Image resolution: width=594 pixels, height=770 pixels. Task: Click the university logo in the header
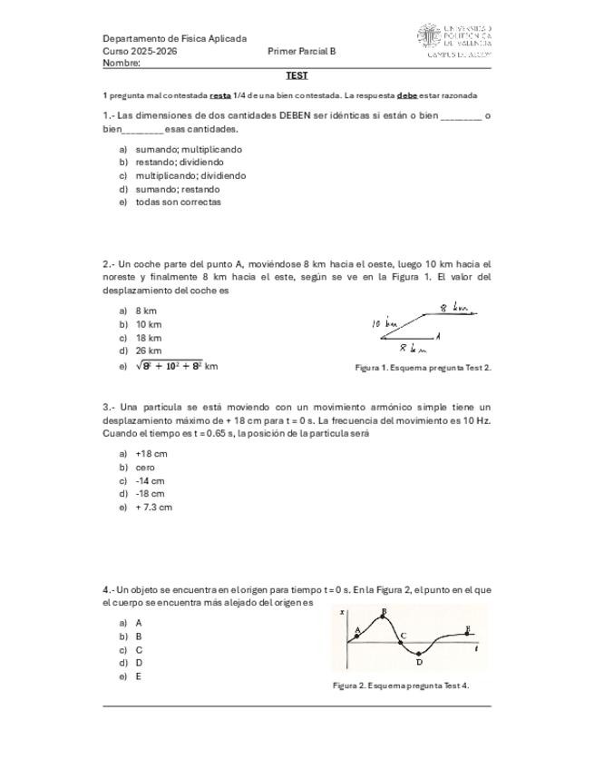coord(453,41)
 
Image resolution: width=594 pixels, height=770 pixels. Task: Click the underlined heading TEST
coord(297,75)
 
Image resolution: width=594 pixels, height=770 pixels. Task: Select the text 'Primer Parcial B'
coord(302,52)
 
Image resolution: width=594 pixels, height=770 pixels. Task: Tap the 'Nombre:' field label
coord(122,64)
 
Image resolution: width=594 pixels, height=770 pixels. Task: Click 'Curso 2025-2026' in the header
coord(140,52)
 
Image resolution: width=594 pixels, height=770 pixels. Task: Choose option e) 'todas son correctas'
coord(178,202)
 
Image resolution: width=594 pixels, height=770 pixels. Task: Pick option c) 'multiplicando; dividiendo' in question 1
coord(190,175)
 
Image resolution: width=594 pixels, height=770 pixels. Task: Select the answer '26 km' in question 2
coord(149,350)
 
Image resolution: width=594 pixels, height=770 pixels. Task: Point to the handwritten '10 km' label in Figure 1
coord(385,323)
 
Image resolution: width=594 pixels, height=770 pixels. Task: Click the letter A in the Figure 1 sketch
coord(438,336)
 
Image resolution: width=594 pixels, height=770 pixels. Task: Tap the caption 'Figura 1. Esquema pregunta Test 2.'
coord(423,368)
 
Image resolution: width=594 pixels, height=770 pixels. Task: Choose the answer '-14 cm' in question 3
coord(150,480)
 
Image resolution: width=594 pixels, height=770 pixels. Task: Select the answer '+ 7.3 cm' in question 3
coord(153,507)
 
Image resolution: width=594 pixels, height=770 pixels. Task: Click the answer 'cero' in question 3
coord(145,467)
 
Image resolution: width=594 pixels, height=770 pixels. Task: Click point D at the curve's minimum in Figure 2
coord(418,655)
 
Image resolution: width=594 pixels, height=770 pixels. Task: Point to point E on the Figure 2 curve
coord(467,630)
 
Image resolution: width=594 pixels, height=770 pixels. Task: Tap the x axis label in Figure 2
coord(342,614)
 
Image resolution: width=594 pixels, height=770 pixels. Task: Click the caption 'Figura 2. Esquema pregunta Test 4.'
coord(400,686)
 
